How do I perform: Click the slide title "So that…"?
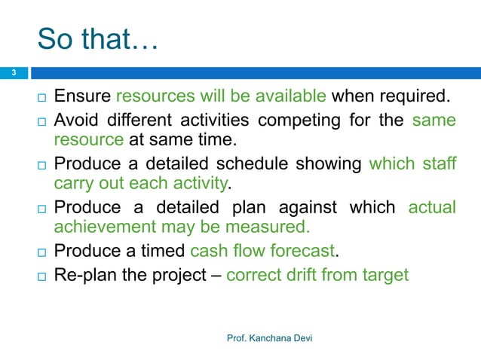tap(97, 39)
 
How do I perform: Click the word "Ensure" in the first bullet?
tap(81, 96)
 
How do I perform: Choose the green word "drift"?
tap(297, 275)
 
